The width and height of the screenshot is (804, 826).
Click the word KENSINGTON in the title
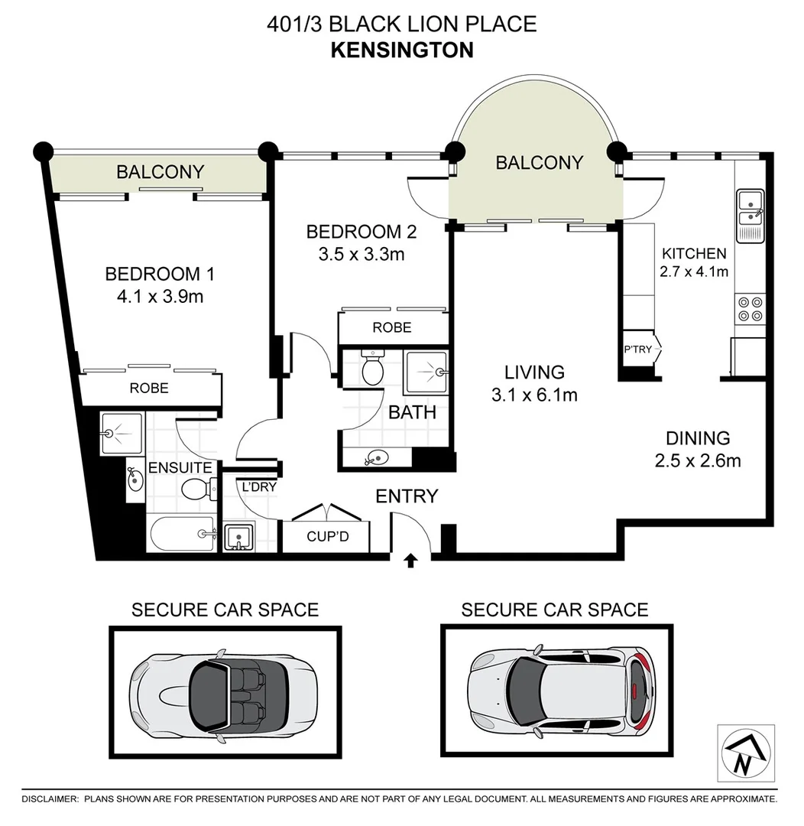tap(402, 50)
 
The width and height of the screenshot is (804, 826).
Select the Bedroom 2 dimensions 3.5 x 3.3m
tap(361, 254)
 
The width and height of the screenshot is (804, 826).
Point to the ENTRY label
tap(407, 496)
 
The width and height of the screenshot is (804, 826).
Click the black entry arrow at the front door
tap(410, 561)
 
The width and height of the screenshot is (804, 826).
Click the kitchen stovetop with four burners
tap(748, 308)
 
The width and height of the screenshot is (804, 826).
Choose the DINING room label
tap(698, 438)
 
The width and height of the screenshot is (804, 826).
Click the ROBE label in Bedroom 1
tap(149, 388)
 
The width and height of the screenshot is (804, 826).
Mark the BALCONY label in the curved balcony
tap(539, 162)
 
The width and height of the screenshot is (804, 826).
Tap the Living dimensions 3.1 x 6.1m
tap(534, 395)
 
